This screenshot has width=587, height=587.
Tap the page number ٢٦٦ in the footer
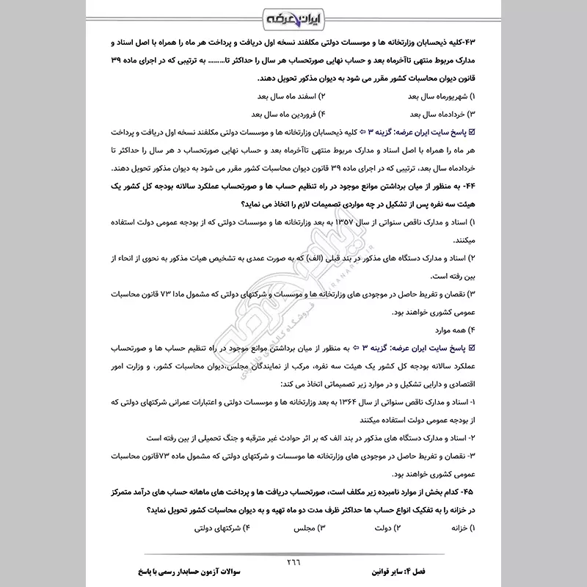(x=293, y=563)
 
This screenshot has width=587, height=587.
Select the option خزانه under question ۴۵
(x=459, y=528)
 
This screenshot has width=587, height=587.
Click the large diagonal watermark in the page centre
(x=293, y=301)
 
